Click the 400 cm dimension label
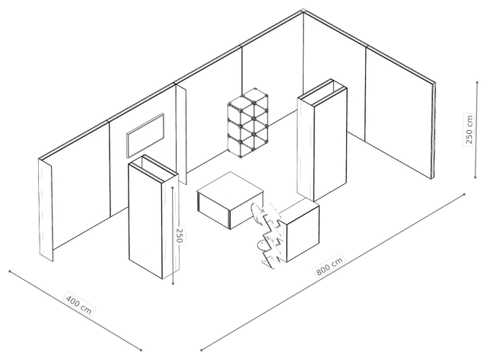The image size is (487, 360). (79, 303)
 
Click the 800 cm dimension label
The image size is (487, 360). (329, 266)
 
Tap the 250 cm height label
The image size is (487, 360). (469, 129)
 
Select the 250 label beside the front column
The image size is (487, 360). (180, 235)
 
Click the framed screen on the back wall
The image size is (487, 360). (145, 135)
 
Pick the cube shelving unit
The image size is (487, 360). (248, 123)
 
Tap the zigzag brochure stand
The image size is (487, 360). (268, 234)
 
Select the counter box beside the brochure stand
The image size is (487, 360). (300, 230)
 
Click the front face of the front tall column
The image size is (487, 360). (145, 221)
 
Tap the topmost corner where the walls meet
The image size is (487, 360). (303, 11)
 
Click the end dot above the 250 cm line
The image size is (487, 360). (477, 82)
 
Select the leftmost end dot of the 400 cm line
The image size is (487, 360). (10, 271)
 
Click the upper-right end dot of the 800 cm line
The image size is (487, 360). (464, 194)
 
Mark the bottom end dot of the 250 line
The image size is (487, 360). (173, 283)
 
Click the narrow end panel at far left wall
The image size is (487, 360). (46, 210)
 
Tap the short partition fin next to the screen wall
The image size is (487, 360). (181, 134)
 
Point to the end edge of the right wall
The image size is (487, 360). (434, 130)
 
